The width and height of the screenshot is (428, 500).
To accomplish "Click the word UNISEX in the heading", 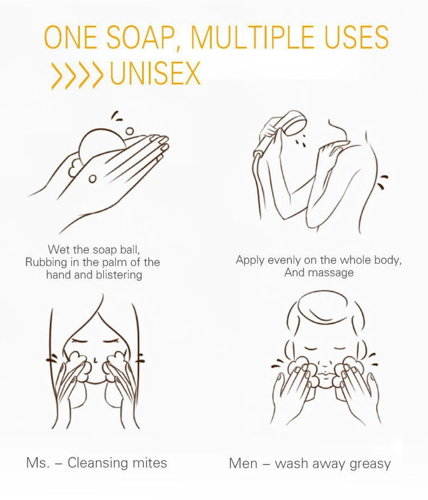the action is point(155,73).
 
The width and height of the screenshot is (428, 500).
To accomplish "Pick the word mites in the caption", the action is point(151,462).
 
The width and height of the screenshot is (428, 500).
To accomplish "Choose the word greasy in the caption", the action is point(370,464).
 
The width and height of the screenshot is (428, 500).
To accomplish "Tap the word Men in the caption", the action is point(243,463).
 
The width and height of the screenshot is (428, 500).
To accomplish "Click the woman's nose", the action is point(95,361).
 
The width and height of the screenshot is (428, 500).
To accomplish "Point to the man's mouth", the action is point(325,373).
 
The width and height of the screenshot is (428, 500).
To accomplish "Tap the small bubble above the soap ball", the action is point(130,131).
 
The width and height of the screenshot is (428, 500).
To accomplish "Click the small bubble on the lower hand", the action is point(92,179).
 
